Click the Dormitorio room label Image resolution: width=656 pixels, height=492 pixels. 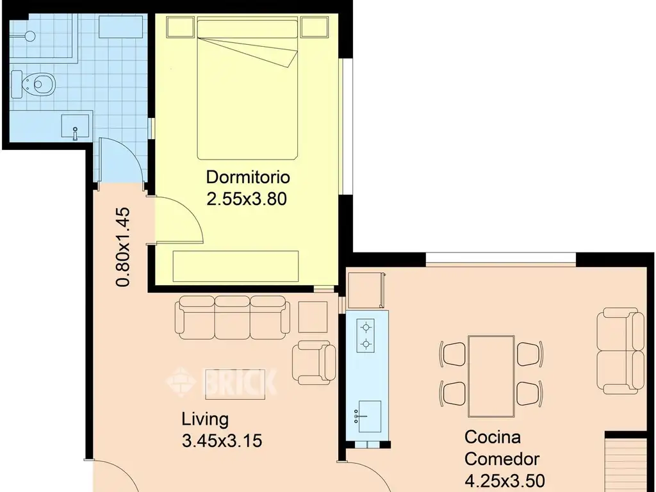point(248,177)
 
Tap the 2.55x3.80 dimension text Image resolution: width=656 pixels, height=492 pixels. point(247,199)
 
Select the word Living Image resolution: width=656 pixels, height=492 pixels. point(205,420)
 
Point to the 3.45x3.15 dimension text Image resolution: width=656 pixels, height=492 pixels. point(222,441)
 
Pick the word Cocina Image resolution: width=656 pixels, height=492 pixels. point(493,437)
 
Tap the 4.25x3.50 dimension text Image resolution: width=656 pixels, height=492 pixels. point(505,479)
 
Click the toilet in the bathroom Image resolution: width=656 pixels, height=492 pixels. point(33,84)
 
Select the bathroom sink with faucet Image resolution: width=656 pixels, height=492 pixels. point(76,126)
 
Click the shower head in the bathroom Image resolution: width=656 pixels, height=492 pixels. point(30,37)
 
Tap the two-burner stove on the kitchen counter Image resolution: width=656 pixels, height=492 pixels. point(365,336)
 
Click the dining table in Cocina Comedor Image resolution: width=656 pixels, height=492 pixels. point(491,377)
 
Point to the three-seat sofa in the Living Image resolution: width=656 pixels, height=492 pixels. point(233,317)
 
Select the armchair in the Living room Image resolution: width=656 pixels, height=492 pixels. point(314,363)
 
